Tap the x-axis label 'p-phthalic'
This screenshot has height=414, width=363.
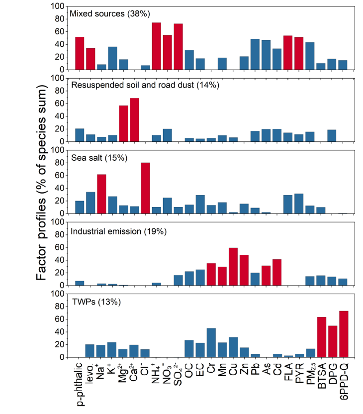click(80, 383)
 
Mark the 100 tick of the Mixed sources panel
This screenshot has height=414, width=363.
click(59, 6)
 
